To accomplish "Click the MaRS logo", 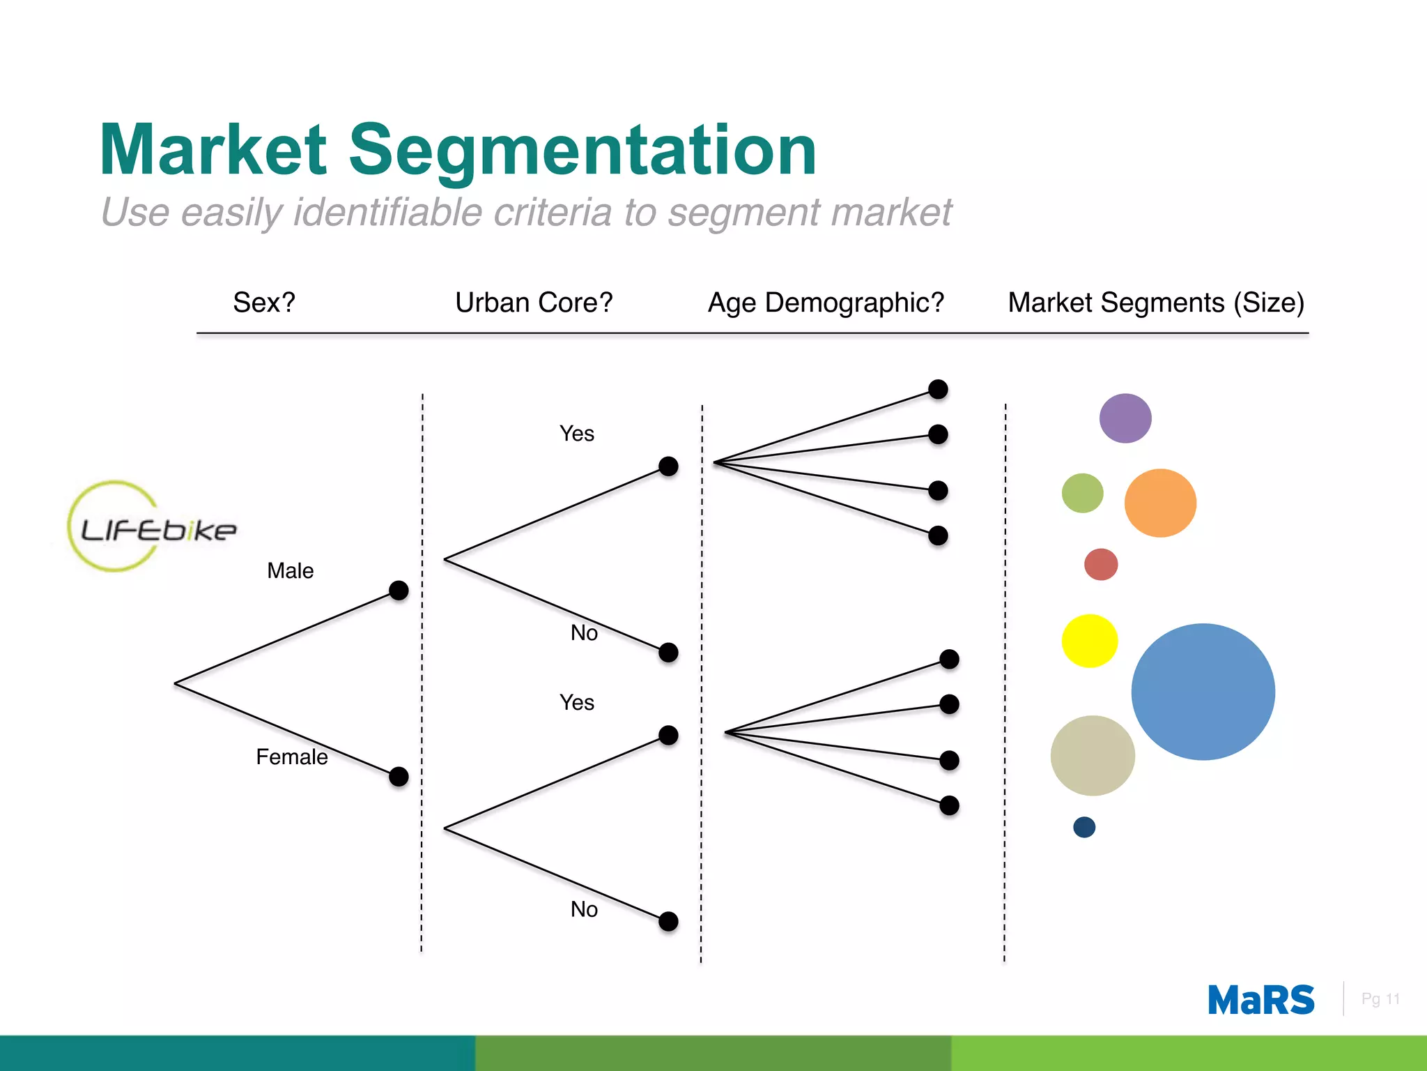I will pyautogui.click(x=1260, y=1001).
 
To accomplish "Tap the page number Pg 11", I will pyautogui.click(x=1380, y=999).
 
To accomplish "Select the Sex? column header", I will pyautogui.click(x=264, y=303).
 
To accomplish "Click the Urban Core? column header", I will pyautogui.click(x=534, y=303).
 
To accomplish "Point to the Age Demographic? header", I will pyautogui.click(x=826, y=303).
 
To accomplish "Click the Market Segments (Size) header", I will pyautogui.click(x=1156, y=303).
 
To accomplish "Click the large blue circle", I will pyautogui.click(x=1203, y=692).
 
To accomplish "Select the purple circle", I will pyautogui.click(x=1125, y=418).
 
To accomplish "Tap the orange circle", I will pyautogui.click(x=1160, y=503).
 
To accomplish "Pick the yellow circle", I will pyautogui.click(x=1090, y=641).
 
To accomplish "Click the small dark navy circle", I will pyautogui.click(x=1084, y=827).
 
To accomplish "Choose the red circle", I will pyautogui.click(x=1101, y=564).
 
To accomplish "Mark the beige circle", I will pyautogui.click(x=1093, y=756).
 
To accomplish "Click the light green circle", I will pyautogui.click(x=1082, y=493).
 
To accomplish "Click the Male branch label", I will pyautogui.click(x=291, y=571).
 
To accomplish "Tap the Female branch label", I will pyautogui.click(x=291, y=757).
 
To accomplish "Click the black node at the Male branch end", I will pyautogui.click(x=399, y=591).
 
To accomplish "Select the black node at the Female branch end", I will pyautogui.click(x=399, y=776).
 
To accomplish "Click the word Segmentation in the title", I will pyautogui.click(x=582, y=150).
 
